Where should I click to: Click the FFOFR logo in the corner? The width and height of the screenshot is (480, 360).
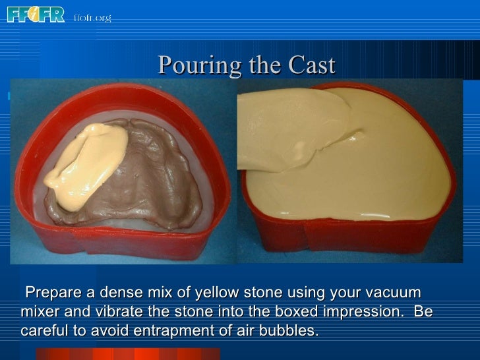[36, 14]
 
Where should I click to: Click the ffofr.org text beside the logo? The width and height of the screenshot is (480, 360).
[92, 18]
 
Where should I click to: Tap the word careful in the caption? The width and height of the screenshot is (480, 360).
[44, 330]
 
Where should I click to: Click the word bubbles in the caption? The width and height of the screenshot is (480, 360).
[291, 330]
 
